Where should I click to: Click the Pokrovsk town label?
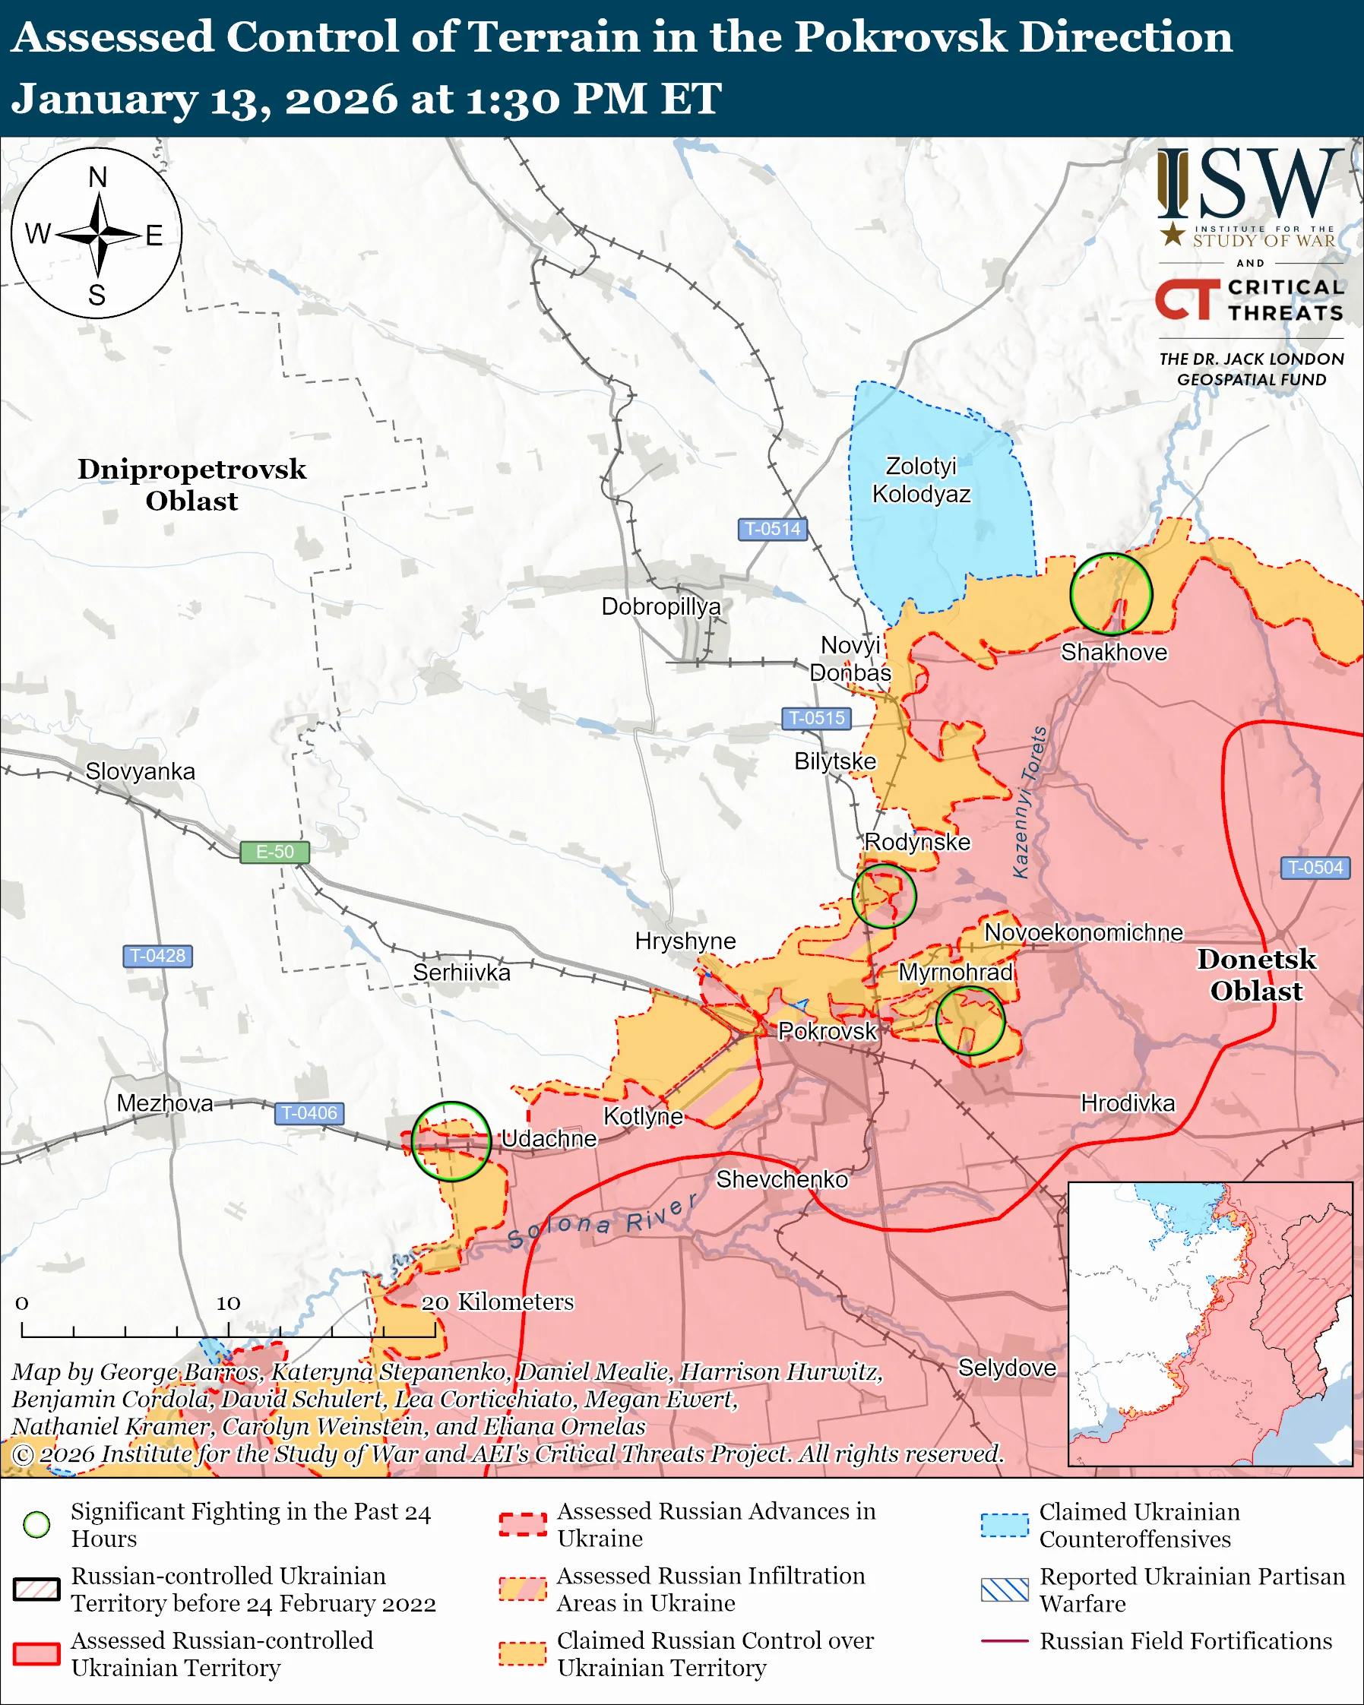pos(827,1030)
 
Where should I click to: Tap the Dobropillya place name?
pos(661,606)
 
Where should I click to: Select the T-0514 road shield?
pos(773,528)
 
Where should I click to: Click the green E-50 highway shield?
pos(274,852)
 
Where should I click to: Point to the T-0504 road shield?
pos(1315,868)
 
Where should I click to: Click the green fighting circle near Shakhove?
pos(1110,594)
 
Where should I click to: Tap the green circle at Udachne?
pos(451,1141)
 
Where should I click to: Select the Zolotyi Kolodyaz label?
pos(920,480)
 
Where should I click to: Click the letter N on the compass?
pos(97,177)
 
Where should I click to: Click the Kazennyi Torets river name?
pos(1030,802)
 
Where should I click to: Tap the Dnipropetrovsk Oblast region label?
pos(191,485)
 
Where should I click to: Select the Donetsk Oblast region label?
pos(1255,974)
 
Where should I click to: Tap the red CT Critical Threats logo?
pos(1186,299)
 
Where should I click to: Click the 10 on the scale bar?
pos(229,1302)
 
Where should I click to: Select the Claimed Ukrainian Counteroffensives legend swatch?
pos(1005,1525)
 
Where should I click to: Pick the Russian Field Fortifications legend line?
pos(1005,1641)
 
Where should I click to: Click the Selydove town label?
pos(1007,1368)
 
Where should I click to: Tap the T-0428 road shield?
pos(157,955)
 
